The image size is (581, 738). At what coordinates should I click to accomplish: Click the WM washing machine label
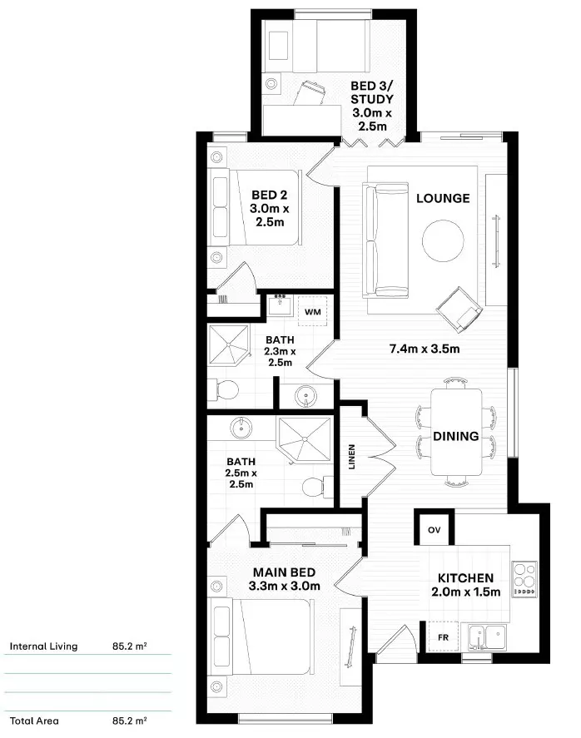point(313,311)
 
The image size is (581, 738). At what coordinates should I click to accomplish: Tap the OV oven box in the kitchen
point(435,530)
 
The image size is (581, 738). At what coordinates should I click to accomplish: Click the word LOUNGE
point(443,198)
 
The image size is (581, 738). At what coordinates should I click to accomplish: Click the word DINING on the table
point(455,436)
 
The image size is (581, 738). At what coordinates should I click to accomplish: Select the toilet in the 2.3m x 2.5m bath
point(226,389)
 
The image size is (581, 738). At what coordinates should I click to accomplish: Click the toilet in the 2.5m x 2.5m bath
point(315,486)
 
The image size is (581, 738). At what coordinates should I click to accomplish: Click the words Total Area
point(34,721)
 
